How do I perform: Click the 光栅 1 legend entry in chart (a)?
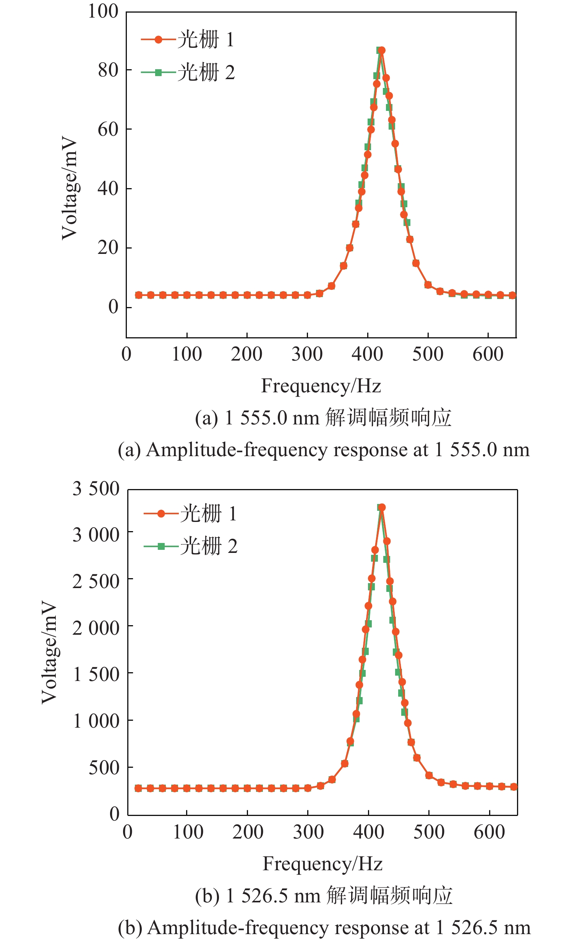187,39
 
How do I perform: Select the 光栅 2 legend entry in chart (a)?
187,72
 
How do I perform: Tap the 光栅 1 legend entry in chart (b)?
190,514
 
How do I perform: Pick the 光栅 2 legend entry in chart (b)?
190,546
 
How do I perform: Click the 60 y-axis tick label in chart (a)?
108,130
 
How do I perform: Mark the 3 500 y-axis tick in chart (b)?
96,489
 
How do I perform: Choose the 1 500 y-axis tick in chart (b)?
96,674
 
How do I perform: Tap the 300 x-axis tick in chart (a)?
307,354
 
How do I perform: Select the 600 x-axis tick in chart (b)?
489,832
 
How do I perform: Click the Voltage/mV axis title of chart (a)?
70,188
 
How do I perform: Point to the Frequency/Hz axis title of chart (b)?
323,864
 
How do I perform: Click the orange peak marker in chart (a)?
381,50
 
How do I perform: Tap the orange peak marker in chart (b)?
382,507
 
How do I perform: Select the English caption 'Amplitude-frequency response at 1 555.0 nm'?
324,450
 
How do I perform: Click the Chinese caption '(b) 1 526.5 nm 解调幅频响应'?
324,895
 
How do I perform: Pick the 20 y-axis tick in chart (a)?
108,248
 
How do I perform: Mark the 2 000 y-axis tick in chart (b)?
96,628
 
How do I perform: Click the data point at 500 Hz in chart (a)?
428,285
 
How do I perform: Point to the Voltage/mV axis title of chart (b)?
50,652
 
